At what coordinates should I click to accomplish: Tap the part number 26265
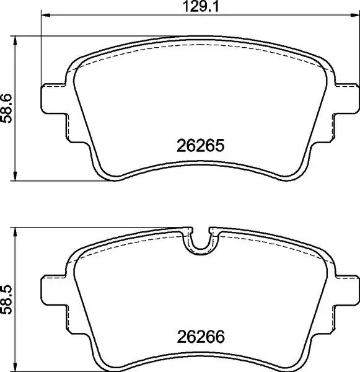point(200,146)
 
